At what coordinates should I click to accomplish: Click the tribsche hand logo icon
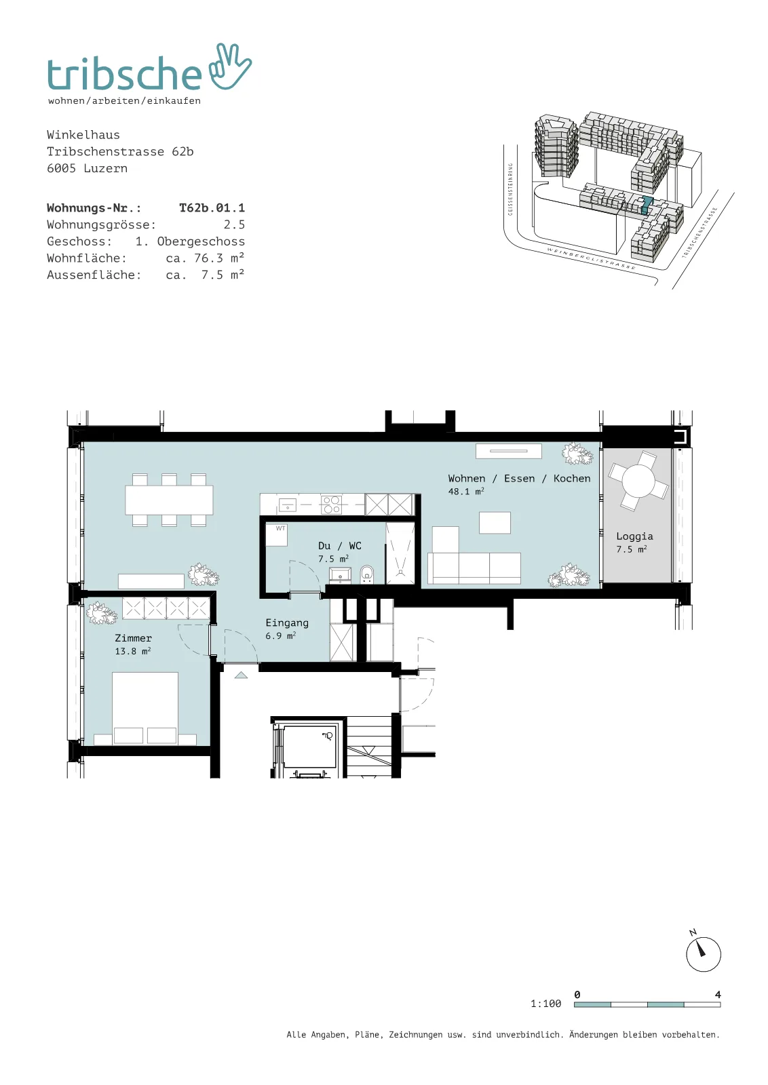point(230,67)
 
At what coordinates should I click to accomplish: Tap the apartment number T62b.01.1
point(212,208)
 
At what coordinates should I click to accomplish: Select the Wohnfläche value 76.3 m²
point(218,258)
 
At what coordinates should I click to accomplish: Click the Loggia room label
point(634,536)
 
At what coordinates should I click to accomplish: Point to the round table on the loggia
point(638,481)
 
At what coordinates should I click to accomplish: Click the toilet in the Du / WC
point(367,574)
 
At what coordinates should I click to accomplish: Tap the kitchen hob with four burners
point(332,505)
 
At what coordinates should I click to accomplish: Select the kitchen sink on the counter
point(288,505)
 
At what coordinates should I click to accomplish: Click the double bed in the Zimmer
point(145,707)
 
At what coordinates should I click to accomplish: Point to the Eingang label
point(287,623)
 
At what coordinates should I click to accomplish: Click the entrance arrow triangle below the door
point(241,675)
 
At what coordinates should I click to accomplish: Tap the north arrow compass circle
point(704,954)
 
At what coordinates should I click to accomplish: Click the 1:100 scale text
point(545,1004)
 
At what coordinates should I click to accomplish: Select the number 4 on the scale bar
point(718,994)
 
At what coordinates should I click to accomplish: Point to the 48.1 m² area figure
point(465,491)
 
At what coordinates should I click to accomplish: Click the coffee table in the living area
point(495,523)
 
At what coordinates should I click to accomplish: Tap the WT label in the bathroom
point(281,528)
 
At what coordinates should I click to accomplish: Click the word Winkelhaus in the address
point(83,135)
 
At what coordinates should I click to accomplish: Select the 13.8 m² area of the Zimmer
point(133,651)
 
